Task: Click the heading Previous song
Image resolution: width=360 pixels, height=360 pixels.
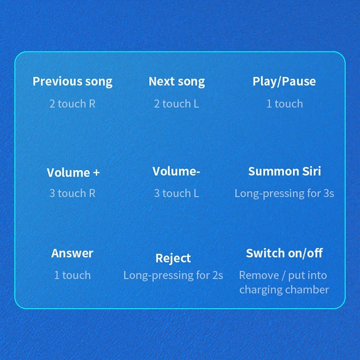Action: (x=72, y=82)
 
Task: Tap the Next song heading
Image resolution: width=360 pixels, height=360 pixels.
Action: (x=177, y=82)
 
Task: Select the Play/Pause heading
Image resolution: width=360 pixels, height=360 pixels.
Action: (x=284, y=81)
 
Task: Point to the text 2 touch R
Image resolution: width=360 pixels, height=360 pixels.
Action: (x=72, y=104)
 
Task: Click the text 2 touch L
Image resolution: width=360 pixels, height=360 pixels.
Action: (x=176, y=104)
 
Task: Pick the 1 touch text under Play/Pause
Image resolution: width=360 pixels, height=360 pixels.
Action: (x=285, y=104)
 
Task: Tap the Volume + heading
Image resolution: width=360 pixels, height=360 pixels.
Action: (x=73, y=172)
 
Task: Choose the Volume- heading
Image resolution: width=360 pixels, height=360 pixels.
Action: (x=176, y=171)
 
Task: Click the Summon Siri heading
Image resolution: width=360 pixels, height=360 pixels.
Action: (x=285, y=171)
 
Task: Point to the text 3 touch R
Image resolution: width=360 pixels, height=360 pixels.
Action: (x=72, y=193)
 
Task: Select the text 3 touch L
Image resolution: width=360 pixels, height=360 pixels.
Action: (x=176, y=193)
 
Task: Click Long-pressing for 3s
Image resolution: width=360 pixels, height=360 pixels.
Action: (x=284, y=194)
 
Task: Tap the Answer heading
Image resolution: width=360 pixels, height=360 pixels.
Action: (x=72, y=253)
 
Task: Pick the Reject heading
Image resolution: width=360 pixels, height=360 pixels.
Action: (x=173, y=259)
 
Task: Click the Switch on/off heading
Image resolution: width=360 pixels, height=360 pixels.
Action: (x=284, y=253)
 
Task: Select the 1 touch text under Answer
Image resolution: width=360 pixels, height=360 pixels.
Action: (x=72, y=276)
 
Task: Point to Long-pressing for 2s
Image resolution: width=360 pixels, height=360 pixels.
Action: (x=173, y=276)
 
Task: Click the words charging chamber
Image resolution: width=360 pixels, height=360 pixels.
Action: (x=284, y=290)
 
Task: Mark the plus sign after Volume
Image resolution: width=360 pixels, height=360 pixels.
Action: (x=96, y=173)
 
